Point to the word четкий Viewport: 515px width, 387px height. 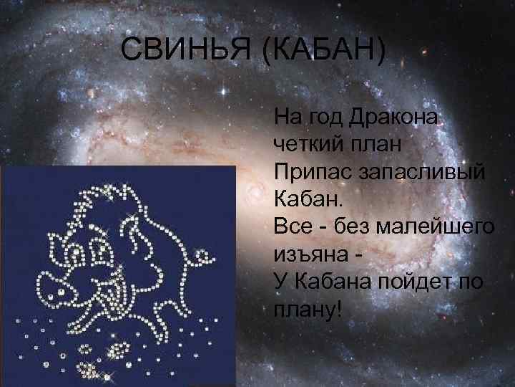[x=309, y=143]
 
